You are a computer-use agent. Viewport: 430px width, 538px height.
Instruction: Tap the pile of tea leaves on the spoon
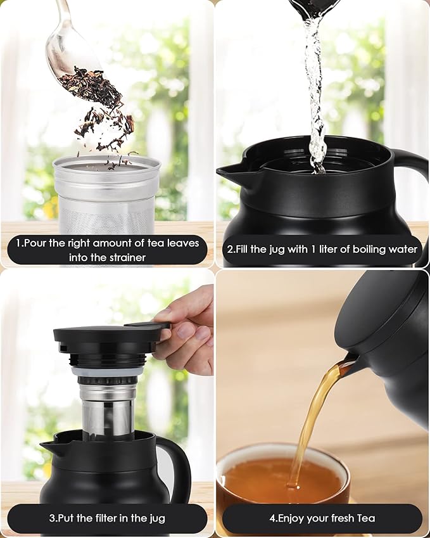(x=91, y=86)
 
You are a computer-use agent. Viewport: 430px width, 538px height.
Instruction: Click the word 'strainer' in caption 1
(x=126, y=257)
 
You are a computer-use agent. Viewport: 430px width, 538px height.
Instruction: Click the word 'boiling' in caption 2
(x=369, y=250)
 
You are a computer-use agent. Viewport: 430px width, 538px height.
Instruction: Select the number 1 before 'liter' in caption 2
(x=313, y=249)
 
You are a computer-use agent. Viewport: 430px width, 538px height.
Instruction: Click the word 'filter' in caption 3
(x=98, y=518)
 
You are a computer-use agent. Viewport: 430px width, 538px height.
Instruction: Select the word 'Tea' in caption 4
(x=365, y=518)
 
